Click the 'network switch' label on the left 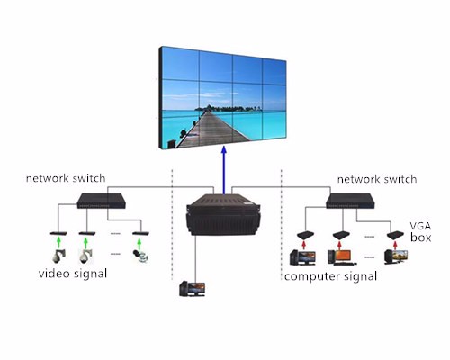pyautogui.click(x=62, y=179)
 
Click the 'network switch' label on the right pyautogui.click(x=378, y=179)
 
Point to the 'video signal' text pyautogui.click(x=73, y=273)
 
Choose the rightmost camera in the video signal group pyautogui.click(x=139, y=256)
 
